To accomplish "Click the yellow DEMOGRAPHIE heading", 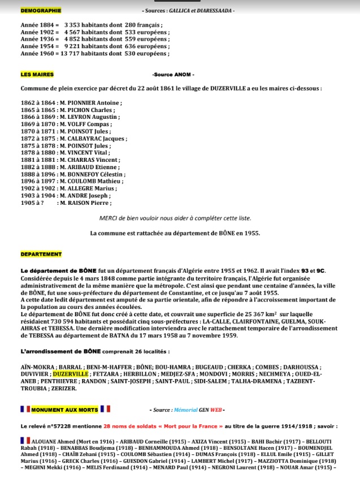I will pos(41,10).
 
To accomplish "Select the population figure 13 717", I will pos(66,53).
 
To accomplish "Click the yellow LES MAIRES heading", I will pos(37,75).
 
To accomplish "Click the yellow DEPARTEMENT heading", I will pos(41,254).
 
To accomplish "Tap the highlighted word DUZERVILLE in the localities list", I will pos(71,374).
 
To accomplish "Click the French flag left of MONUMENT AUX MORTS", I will pos(24,409).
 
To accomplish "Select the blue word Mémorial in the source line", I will pos(186,409).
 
